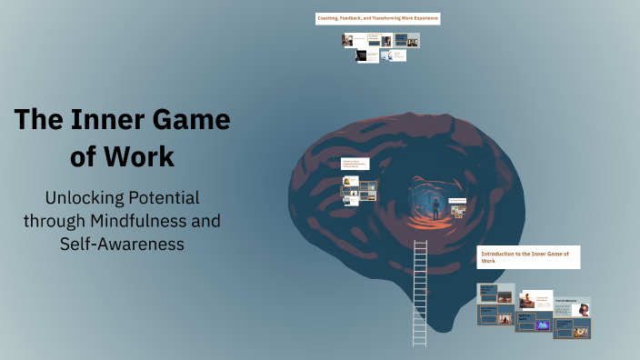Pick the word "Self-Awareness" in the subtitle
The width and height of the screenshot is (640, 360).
pyautogui.click(x=123, y=244)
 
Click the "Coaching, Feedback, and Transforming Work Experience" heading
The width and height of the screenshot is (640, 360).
pyautogui.click(x=377, y=18)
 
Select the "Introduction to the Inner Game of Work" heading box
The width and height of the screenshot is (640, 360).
pyautogui.click(x=527, y=256)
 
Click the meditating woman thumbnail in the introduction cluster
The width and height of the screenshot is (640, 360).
pyautogui.click(x=527, y=301)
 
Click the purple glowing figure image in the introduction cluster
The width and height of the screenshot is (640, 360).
pyautogui.click(x=542, y=325)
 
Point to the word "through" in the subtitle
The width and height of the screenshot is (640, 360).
pyautogui.click(x=56, y=221)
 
